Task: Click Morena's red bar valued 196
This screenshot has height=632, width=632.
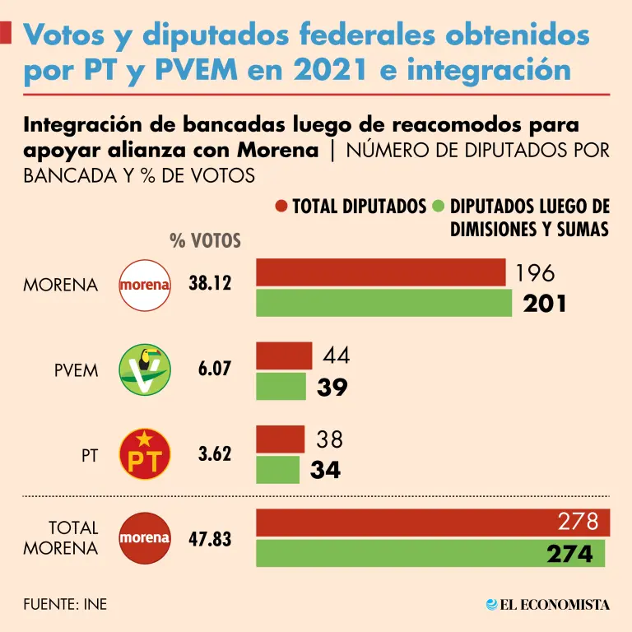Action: (x=381, y=272)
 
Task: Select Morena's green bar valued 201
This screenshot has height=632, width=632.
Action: (x=384, y=304)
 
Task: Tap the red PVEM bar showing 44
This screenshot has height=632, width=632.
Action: (x=285, y=355)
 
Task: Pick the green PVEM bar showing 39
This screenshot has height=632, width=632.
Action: (x=282, y=387)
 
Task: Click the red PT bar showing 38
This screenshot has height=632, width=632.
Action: (x=281, y=439)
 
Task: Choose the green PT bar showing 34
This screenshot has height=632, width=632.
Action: (x=278, y=470)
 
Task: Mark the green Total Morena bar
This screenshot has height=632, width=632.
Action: (x=430, y=553)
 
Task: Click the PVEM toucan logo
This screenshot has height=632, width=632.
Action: (x=146, y=369)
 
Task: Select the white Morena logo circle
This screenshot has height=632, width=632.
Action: (x=146, y=285)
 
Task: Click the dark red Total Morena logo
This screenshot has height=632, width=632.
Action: (x=146, y=538)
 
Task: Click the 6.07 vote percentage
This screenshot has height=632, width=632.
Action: (x=216, y=369)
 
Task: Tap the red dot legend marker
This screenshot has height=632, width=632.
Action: (x=282, y=206)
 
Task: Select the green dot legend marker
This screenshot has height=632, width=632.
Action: (x=439, y=206)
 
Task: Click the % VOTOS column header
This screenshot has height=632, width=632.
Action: (x=205, y=240)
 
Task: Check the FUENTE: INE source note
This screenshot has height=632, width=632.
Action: (x=65, y=605)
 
